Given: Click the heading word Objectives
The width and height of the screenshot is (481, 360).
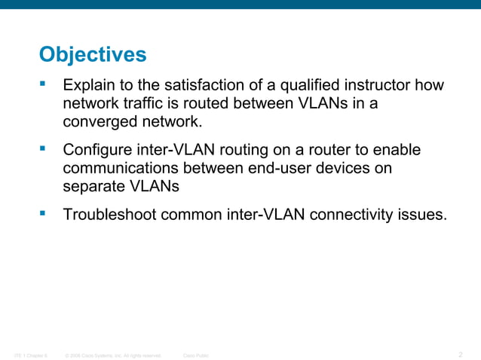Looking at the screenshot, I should point(92,55).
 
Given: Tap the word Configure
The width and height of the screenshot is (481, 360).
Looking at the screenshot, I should point(97,151).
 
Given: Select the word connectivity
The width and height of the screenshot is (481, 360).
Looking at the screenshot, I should point(351,215).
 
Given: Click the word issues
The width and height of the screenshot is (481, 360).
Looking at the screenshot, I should point(423,215).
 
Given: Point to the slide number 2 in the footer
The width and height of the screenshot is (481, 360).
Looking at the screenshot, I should point(461,354).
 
